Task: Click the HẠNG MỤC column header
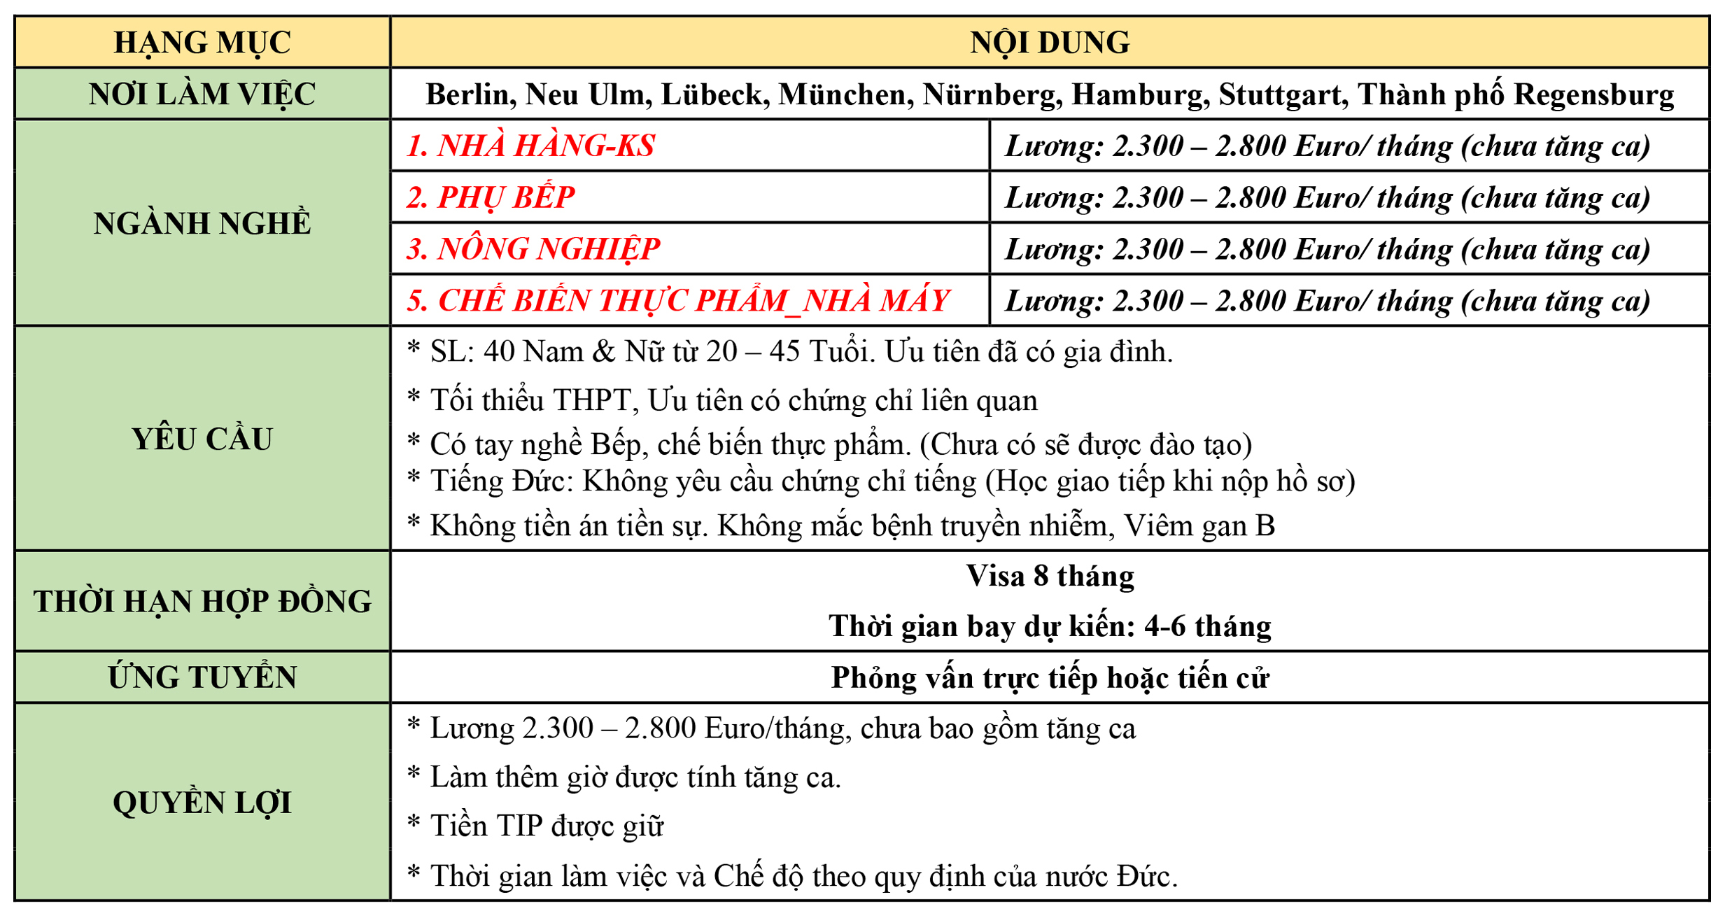(202, 42)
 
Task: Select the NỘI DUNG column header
(1049, 42)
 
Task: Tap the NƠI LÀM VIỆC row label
(202, 94)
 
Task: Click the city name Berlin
(470, 94)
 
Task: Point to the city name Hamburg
(1139, 94)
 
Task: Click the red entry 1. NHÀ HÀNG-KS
(530, 146)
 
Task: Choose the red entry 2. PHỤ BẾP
(490, 197)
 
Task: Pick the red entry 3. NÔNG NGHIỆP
(533, 249)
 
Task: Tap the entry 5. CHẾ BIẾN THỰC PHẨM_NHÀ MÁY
(677, 301)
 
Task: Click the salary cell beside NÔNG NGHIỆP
(1328, 249)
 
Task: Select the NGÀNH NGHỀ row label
(202, 223)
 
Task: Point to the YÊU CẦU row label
(202, 439)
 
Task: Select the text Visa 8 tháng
(1049, 576)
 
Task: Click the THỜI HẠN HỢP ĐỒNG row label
(202, 601)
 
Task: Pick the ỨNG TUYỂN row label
(202, 677)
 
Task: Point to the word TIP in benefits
(519, 826)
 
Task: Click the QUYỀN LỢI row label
(202, 802)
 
